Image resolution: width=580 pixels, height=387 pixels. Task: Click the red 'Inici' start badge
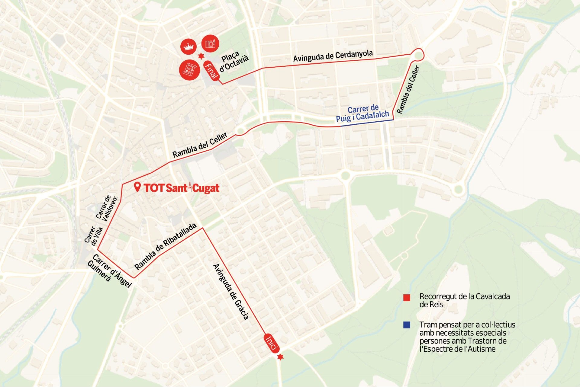(271, 343)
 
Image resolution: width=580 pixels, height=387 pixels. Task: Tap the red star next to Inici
(280, 357)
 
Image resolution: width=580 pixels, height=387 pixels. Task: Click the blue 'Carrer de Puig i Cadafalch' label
(362, 113)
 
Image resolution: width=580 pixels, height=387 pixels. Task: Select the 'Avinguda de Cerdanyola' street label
(333, 56)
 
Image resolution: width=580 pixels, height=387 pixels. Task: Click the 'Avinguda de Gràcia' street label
(231, 292)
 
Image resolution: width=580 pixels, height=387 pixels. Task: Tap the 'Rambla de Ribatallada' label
(165, 246)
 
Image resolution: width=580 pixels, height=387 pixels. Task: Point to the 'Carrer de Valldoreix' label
(107, 208)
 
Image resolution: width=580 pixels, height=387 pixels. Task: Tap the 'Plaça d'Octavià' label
(234, 62)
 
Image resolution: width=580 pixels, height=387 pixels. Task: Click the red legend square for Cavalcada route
(407, 298)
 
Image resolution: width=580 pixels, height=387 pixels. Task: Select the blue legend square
(407, 325)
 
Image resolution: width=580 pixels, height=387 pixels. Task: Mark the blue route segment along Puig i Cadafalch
(367, 123)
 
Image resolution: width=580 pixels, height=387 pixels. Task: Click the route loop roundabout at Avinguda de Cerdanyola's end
(418, 55)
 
